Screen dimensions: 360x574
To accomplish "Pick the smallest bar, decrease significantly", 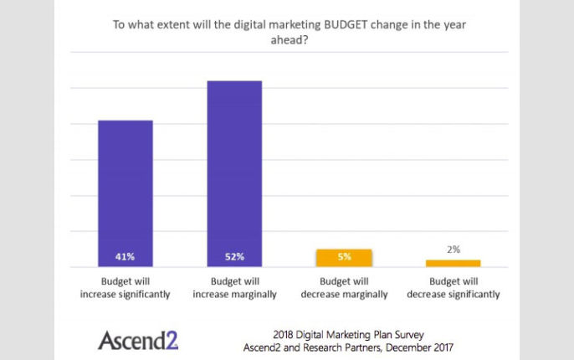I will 454,263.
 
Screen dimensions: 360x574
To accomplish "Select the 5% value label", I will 344,256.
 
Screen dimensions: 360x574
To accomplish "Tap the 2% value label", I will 454,249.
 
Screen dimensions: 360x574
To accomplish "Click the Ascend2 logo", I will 138,339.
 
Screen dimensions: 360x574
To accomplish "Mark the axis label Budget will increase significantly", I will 126,288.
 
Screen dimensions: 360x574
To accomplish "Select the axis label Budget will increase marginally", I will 235,288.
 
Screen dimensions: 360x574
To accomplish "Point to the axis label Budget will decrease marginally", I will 344,288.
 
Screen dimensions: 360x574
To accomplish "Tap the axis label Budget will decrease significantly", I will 454,288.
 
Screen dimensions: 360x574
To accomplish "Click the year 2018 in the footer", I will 285,333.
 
